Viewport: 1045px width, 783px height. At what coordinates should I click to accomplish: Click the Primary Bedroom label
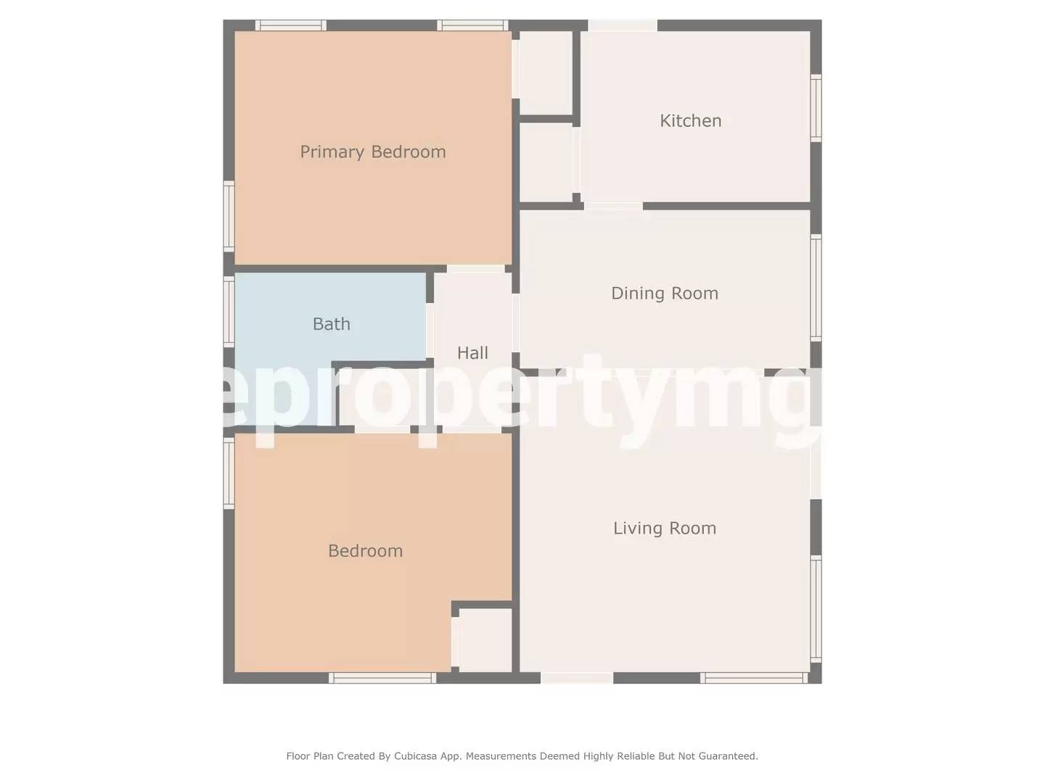point(372,152)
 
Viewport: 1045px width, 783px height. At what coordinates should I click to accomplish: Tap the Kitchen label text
point(690,121)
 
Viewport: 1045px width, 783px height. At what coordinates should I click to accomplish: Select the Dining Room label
point(664,294)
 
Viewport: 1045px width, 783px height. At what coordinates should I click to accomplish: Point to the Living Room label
point(664,529)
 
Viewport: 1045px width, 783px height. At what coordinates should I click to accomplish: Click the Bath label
point(331,324)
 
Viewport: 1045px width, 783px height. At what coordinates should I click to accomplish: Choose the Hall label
point(472,353)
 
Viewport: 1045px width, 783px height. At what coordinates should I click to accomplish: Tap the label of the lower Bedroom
point(365,551)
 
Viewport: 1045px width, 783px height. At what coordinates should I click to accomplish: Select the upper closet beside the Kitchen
point(546,72)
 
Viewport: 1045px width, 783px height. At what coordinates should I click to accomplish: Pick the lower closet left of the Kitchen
point(546,162)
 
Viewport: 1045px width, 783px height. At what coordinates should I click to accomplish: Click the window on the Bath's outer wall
point(229,312)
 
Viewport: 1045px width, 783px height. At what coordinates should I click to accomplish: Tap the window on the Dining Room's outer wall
point(816,288)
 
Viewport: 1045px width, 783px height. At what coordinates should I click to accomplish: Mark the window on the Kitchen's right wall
point(816,108)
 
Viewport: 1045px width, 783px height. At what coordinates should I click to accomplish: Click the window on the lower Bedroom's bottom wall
point(382,678)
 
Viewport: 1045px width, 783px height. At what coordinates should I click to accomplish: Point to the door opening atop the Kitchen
point(623,25)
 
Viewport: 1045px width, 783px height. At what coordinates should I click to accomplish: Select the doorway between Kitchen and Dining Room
point(613,207)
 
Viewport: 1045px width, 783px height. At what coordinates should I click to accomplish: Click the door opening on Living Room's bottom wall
point(577,678)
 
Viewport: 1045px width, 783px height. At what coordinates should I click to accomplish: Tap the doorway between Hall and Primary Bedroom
point(475,269)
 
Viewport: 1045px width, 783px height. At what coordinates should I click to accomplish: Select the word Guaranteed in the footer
point(728,756)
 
